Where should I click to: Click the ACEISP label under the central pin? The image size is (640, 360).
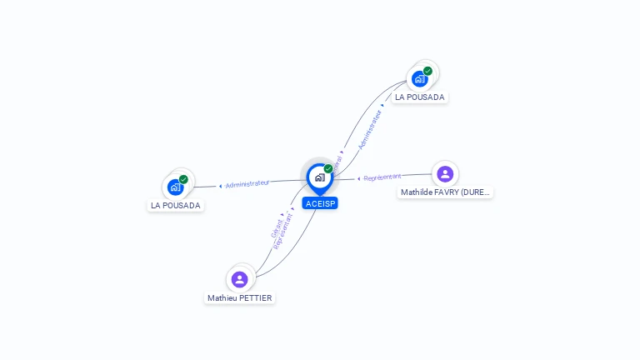[x=320, y=203]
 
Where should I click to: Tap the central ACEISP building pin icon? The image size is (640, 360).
[x=319, y=177]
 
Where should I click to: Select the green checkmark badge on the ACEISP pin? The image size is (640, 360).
[x=328, y=169]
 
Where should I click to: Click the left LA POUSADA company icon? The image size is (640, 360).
[x=175, y=187]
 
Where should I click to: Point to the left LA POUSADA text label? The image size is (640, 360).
[x=175, y=205]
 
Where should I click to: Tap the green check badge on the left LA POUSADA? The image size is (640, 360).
[x=183, y=179]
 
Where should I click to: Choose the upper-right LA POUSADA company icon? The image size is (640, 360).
[x=419, y=79]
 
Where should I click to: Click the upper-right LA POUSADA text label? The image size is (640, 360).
[x=420, y=97]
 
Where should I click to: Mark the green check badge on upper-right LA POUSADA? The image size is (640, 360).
[x=427, y=71]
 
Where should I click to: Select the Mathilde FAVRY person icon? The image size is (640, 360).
[x=445, y=173]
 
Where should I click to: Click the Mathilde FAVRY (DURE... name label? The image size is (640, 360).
[x=446, y=192]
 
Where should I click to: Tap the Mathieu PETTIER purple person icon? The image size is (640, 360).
[x=240, y=279]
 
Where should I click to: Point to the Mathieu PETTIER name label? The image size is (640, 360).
[x=240, y=297]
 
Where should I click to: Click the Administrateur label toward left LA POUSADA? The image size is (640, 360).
[x=247, y=183]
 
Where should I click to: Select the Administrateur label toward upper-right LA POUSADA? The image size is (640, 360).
[x=370, y=129]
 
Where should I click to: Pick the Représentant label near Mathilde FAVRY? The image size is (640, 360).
[x=382, y=177]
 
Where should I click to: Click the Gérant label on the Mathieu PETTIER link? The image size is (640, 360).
[x=277, y=227]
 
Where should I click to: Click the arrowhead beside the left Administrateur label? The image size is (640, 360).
[x=220, y=186]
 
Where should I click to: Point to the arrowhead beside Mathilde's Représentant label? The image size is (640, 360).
[x=358, y=178]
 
